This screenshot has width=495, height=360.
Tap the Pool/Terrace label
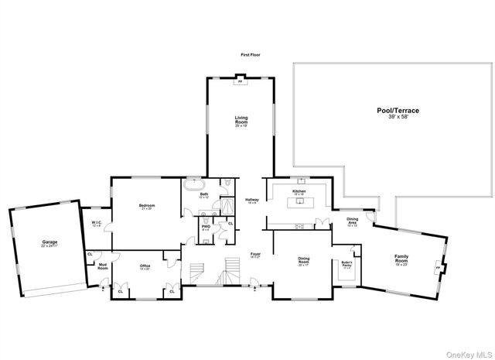click(x=398, y=114)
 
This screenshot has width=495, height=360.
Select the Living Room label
click(x=241, y=121)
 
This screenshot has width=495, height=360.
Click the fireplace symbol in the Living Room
click(x=239, y=80)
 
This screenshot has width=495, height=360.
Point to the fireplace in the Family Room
click(x=439, y=267)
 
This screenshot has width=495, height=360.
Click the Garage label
click(x=49, y=244)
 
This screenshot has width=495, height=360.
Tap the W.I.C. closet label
click(x=97, y=224)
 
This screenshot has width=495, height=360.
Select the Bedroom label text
click(x=147, y=207)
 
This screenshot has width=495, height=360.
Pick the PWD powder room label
click(x=206, y=229)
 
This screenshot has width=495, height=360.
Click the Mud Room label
click(x=101, y=267)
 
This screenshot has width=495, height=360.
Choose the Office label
click(x=145, y=267)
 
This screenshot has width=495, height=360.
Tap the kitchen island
click(x=299, y=203)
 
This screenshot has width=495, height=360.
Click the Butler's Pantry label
click(x=347, y=264)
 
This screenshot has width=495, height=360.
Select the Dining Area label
click(x=352, y=223)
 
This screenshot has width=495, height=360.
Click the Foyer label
click(x=255, y=256)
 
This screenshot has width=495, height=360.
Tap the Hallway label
click(x=251, y=201)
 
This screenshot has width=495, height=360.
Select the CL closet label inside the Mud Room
click(x=90, y=254)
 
